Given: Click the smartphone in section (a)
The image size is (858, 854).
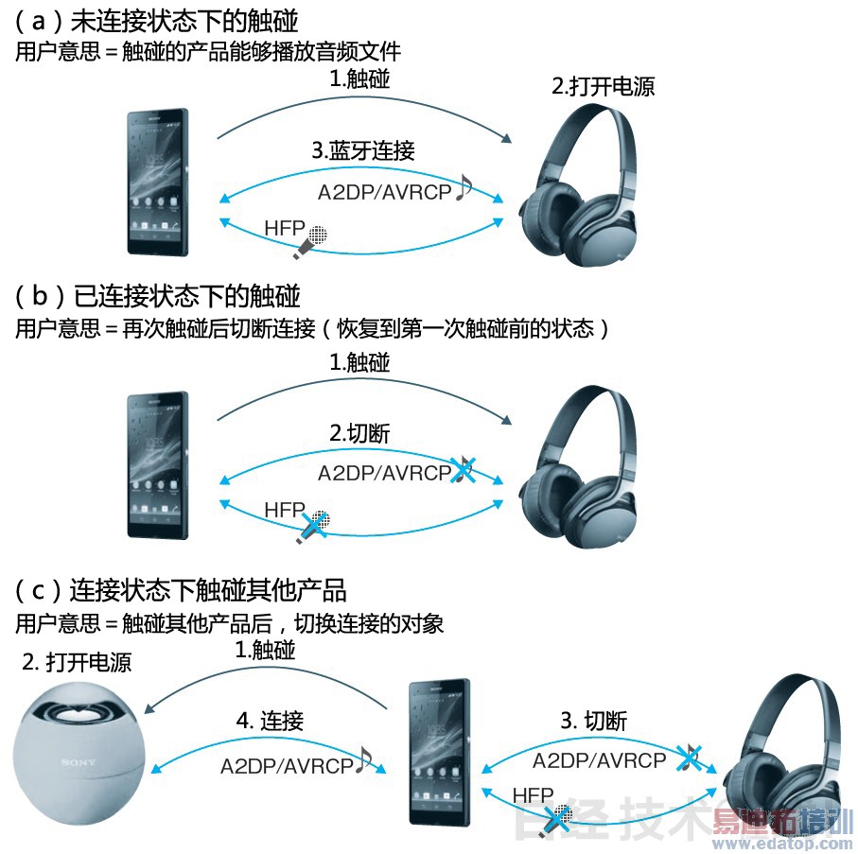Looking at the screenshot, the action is click(x=158, y=183).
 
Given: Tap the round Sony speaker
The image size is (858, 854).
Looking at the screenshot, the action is click(x=79, y=753).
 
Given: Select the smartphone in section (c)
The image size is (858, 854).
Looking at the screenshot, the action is click(x=440, y=752).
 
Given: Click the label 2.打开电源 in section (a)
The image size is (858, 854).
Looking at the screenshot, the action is click(x=603, y=86).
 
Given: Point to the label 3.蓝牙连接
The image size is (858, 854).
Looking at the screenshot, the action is click(x=363, y=150).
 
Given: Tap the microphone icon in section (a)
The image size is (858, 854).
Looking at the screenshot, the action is click(x=310, y=242).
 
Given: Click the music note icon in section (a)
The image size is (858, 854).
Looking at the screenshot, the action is click(x=464, y=187).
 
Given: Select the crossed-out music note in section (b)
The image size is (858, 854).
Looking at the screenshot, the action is click(x=463, y=469).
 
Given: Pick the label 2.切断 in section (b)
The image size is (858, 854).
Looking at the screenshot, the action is click(x=359, y=434).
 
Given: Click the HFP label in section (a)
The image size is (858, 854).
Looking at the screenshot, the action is click(x=284, y=228).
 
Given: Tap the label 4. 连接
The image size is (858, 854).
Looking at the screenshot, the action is click(x=270, y=721).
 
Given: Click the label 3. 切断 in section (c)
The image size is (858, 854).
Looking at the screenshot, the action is click(x=594, y=721).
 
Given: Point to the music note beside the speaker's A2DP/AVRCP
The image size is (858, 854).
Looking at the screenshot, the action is click(x=364, y=760).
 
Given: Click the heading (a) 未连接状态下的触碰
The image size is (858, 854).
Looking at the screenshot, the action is click(x=156, y=22).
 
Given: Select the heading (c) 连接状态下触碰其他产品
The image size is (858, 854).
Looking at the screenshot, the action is click(x=181, y=590).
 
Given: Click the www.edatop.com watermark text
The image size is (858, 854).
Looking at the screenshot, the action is click(x=783, y=844).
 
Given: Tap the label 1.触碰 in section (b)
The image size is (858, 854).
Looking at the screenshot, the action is click(x=359, y=363).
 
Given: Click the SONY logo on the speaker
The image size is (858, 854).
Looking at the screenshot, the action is click(x=79, y=762).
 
